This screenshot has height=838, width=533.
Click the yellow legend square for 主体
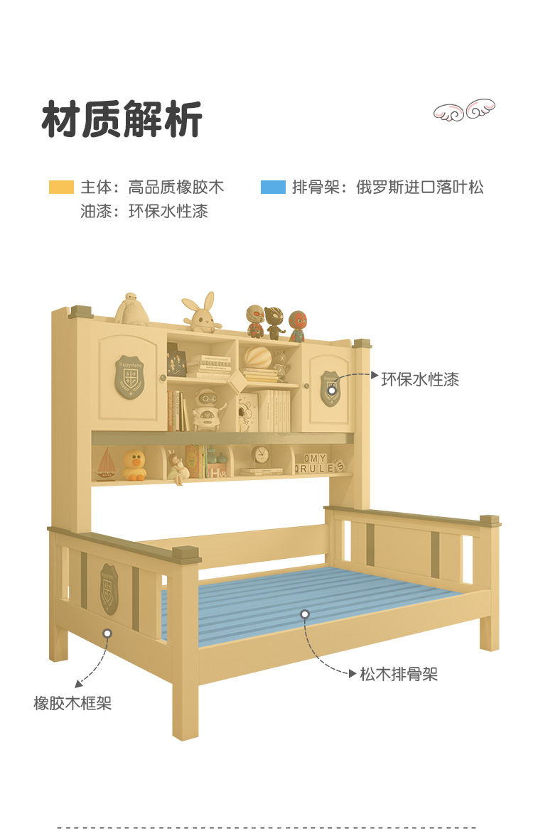pos(61,187)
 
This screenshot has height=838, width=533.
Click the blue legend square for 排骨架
pos(273,187)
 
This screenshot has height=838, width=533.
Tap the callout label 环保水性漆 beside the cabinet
pos(420,379)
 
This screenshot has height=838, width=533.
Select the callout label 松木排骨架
pos(398,674)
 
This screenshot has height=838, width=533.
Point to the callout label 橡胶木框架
pos(72,703)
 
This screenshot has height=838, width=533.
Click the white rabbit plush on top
pos(200,313)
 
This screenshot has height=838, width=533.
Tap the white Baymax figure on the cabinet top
pos(133,309)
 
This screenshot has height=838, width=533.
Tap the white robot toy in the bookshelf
pos(208,409)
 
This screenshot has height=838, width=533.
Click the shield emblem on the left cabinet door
pos(129,377)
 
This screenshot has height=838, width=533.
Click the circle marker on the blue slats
pos(305,614)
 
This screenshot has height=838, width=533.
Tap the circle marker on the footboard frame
pos(107,633)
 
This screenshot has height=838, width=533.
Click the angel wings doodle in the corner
pos(465,111)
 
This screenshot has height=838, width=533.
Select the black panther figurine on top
pos(274,322)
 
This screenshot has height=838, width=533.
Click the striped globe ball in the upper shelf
pos(258,357)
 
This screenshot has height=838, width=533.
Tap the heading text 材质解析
pos(122,119)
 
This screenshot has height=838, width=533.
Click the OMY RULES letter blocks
pos(321,464)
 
